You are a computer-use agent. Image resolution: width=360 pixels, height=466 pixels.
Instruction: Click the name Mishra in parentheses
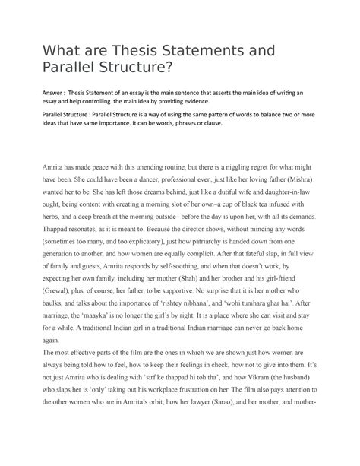point(313,203)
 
